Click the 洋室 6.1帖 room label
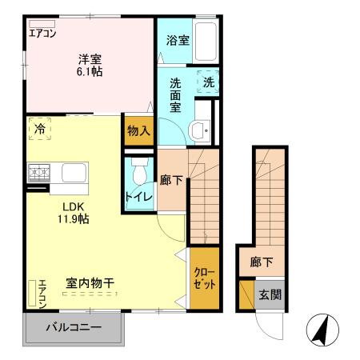[x=90, y=64]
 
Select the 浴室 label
[x=178, y=40]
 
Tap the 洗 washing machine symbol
[x=208, y=82]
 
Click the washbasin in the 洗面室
[x=199, y=129]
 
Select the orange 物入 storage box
[x=139, y=130]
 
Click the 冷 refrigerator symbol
[x=39, y=128]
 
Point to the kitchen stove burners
[x=39, y=172]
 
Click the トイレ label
[x=134, y=196]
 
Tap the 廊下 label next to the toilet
[x=173, y=180]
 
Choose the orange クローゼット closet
[x=204, y=278]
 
